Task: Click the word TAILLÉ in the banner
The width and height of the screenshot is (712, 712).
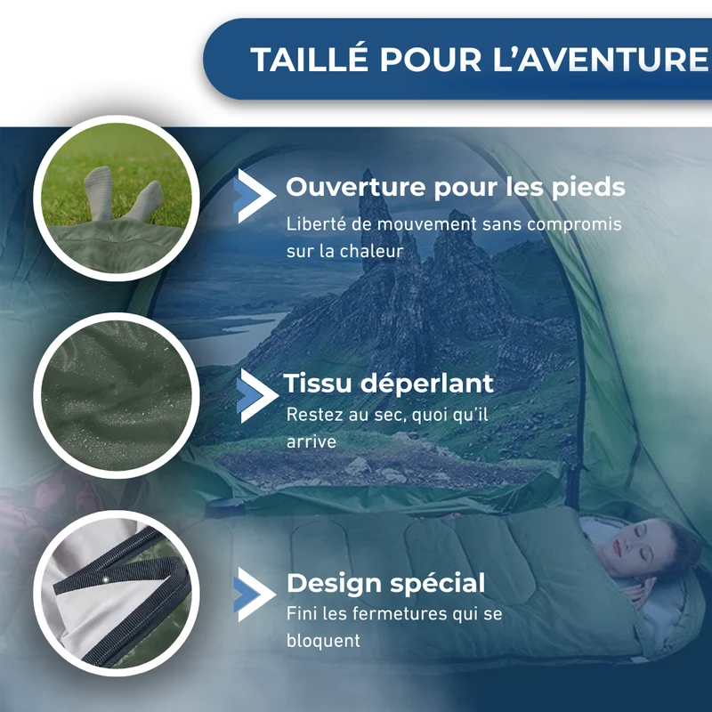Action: pyautogui.click(x=309, y=59)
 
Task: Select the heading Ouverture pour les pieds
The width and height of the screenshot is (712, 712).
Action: pyautogui.click(x=456, y=188)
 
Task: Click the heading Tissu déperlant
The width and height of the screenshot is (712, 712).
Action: pyautogui.click(x=388, y=383)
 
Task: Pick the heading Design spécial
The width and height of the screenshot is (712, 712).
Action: pyautogui.click(x=386, y=583)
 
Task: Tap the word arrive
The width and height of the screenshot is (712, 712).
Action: pyautogui.click(x=311, y=441)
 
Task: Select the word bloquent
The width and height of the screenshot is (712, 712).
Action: pyautogui.click(x=323, y=641)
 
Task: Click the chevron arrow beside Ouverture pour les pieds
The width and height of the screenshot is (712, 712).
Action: pyautogui.click(x=255, y=196)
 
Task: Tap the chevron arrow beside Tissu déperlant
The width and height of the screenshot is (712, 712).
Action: pyautogui.click(x=256, y=395)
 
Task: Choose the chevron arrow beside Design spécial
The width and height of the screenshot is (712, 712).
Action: pyautogui.click(x=255, y=595)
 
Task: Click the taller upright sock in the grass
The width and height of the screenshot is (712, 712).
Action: pyautogui.click(x=99, y=193)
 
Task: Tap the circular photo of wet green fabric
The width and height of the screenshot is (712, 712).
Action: pyautogui.click(x=117, y=395)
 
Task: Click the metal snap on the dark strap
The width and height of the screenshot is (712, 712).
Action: pyautogui.click(x=105, y=579)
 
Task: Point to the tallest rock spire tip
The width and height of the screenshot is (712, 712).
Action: pyautogui.click(x=367, y=172)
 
